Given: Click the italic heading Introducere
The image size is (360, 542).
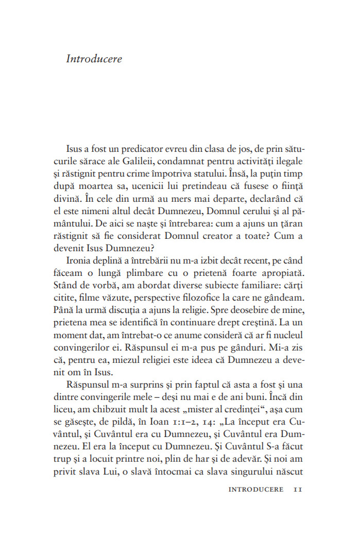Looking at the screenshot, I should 94,59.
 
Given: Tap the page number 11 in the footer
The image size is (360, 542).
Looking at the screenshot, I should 297,489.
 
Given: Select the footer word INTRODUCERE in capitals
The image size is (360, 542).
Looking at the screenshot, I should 255,489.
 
